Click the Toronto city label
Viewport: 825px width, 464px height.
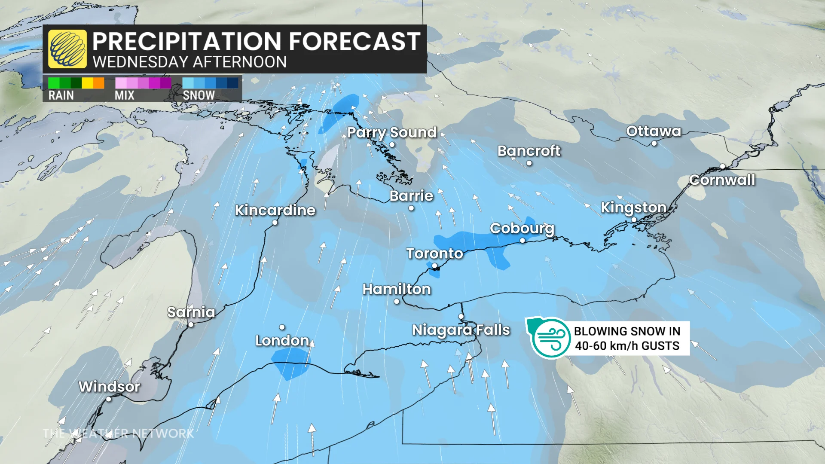click(x=434, y=253)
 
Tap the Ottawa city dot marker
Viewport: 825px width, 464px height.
click(x=654, y=143)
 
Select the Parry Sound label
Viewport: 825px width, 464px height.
click(x=392, y=132)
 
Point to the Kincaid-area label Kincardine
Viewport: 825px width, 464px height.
click(x=275, y=210)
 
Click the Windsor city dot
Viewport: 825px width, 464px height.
click(x=109, y=399)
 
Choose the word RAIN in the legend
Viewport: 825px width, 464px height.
click(x=61, y=95)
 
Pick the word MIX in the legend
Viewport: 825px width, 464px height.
click(x=125, y=95)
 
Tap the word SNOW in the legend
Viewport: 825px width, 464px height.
click(x=199, y=95)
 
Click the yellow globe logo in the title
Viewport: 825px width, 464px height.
click(x=67, y=49)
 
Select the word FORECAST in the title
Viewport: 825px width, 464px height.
click(x=354, y=42)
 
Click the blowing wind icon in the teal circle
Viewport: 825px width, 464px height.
click(x=551, y=338)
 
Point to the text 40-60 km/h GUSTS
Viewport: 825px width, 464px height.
click(x=627, y=346)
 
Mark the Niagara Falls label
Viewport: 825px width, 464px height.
click(x=461, y=330)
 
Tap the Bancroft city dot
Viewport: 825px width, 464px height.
click(x=529, y=163)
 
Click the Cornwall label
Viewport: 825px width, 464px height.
click(x=722, y=180)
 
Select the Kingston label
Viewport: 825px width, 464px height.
click(x=633, y=207)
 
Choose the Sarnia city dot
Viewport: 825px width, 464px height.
click(x=191, y=325)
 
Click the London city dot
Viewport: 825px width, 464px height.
click(x=282, y=327)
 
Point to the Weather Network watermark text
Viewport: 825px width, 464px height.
click(x=119, y=433)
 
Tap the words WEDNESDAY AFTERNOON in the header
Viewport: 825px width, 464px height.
click(x=189, y=62)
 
